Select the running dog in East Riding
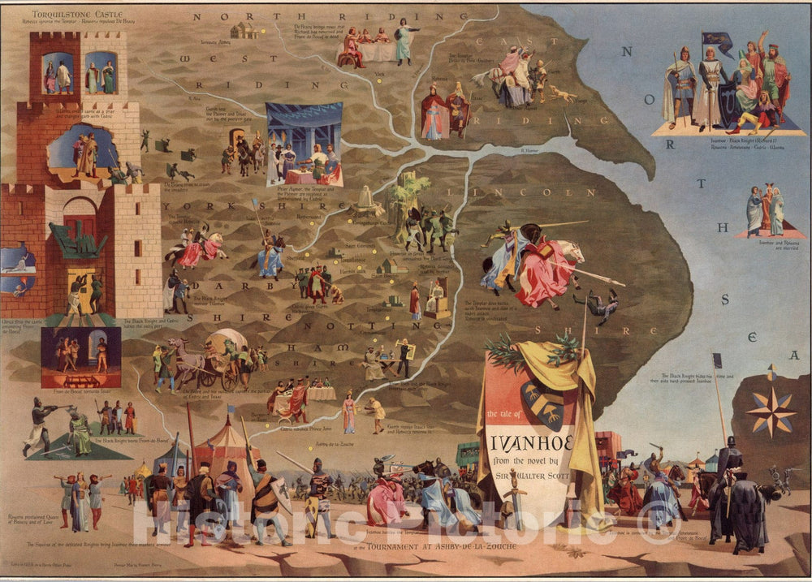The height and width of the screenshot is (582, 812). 562,94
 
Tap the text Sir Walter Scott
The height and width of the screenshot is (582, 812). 531,487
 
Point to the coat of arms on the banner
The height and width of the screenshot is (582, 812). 543,403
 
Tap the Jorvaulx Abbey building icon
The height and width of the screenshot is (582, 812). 244,30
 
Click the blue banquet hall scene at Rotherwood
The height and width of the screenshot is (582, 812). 304,144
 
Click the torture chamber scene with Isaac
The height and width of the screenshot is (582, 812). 80,357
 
